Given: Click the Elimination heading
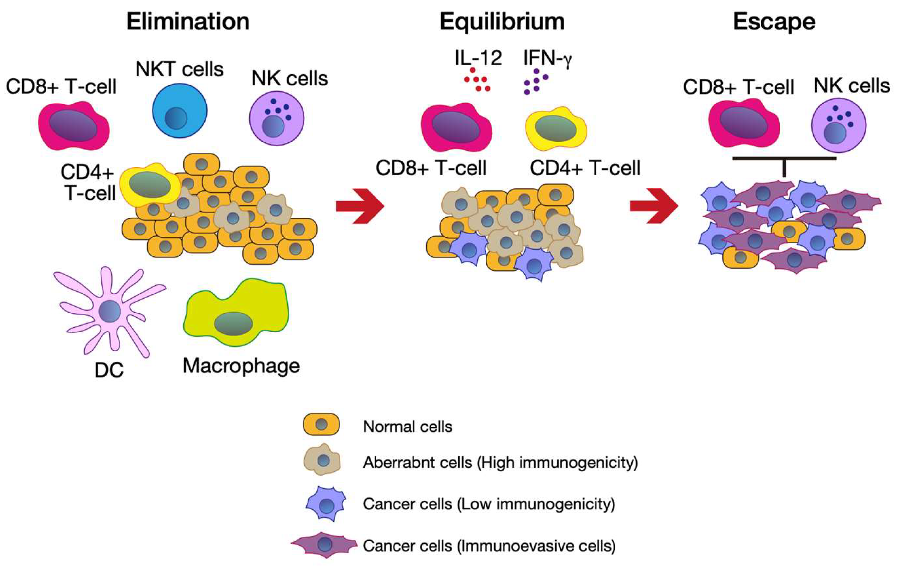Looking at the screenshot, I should [188, 22].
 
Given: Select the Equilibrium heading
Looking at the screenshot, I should [502, 22].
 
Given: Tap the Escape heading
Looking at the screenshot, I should [774, 22].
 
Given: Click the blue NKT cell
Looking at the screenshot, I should [180, 111].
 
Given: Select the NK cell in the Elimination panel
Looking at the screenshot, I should [277, 119].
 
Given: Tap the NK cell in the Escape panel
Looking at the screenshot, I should [838, 125].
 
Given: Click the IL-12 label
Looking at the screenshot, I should [478, 58].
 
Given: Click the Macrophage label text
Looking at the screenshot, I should [241, 366].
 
